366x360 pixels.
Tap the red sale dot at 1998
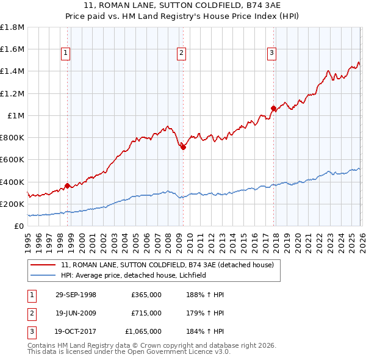pyautogui.click(x=67, y=185)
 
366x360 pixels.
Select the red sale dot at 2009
pyautogui.click(x=183, y=146)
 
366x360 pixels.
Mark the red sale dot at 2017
pyautogui.click(x=273, y=109)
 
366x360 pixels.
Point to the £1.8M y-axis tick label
pyautogui.click(x=12, y=27)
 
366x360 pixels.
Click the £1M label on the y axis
pyautogui.click(x=16, y=115)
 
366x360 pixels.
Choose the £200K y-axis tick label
pyautogui.click(x=12, y=204)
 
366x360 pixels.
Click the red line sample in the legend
pyautogui.click(x=44, y=265)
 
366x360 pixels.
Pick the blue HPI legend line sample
pyautogui.click(x=44, y=276)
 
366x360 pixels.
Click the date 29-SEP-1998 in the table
pyautogui.click(x=76, y=295)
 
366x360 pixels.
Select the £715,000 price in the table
pyautogui.click(x=146, y=313)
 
